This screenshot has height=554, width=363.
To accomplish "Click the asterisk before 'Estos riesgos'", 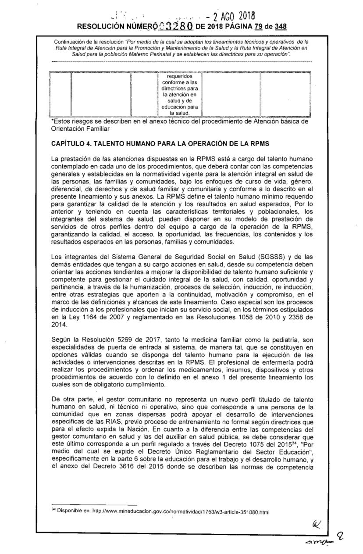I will [53, 122].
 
